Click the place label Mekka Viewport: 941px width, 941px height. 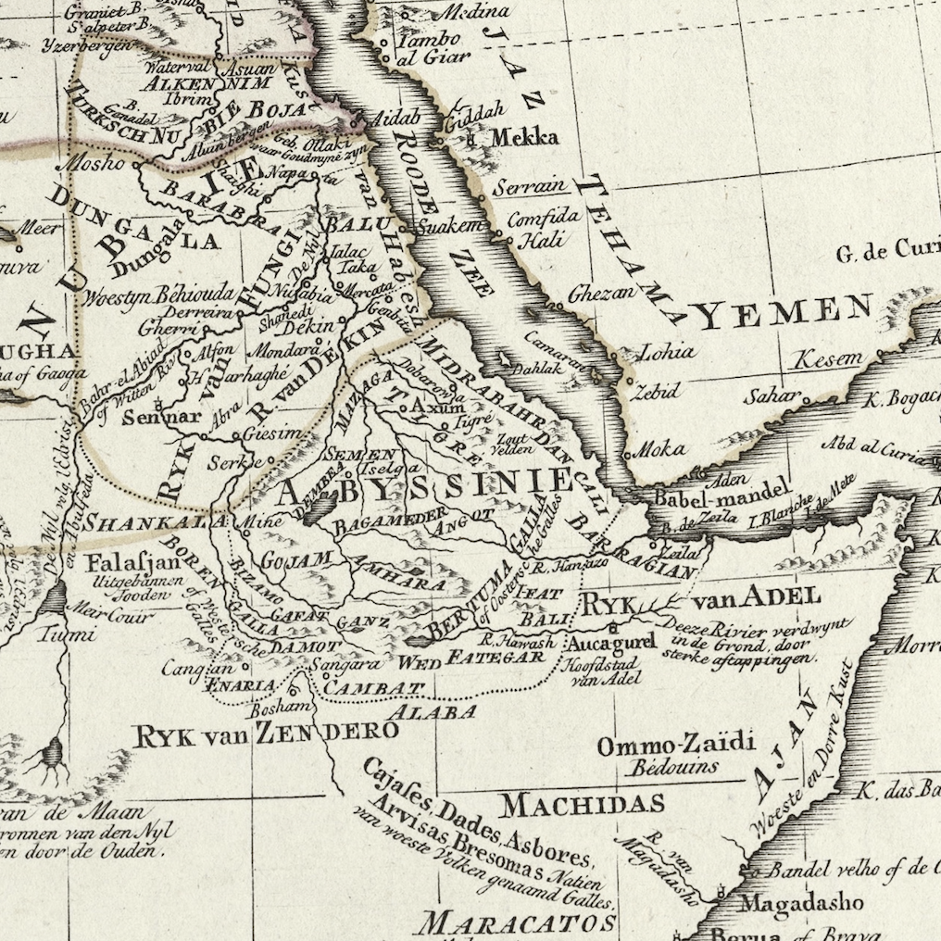pyautogui.click(x=524, y=138)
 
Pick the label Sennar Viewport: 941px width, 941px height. pyautogui.click(x=167, y=416)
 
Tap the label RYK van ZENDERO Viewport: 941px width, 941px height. pyautogui.click(x=266, y=734)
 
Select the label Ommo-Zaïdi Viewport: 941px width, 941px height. pyautogui.click(x=676, y=744)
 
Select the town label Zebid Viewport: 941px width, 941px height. pyautogui.click(x=656, y=389)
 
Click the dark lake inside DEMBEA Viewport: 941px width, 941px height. pyautogui.click(x=320, y=508)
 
